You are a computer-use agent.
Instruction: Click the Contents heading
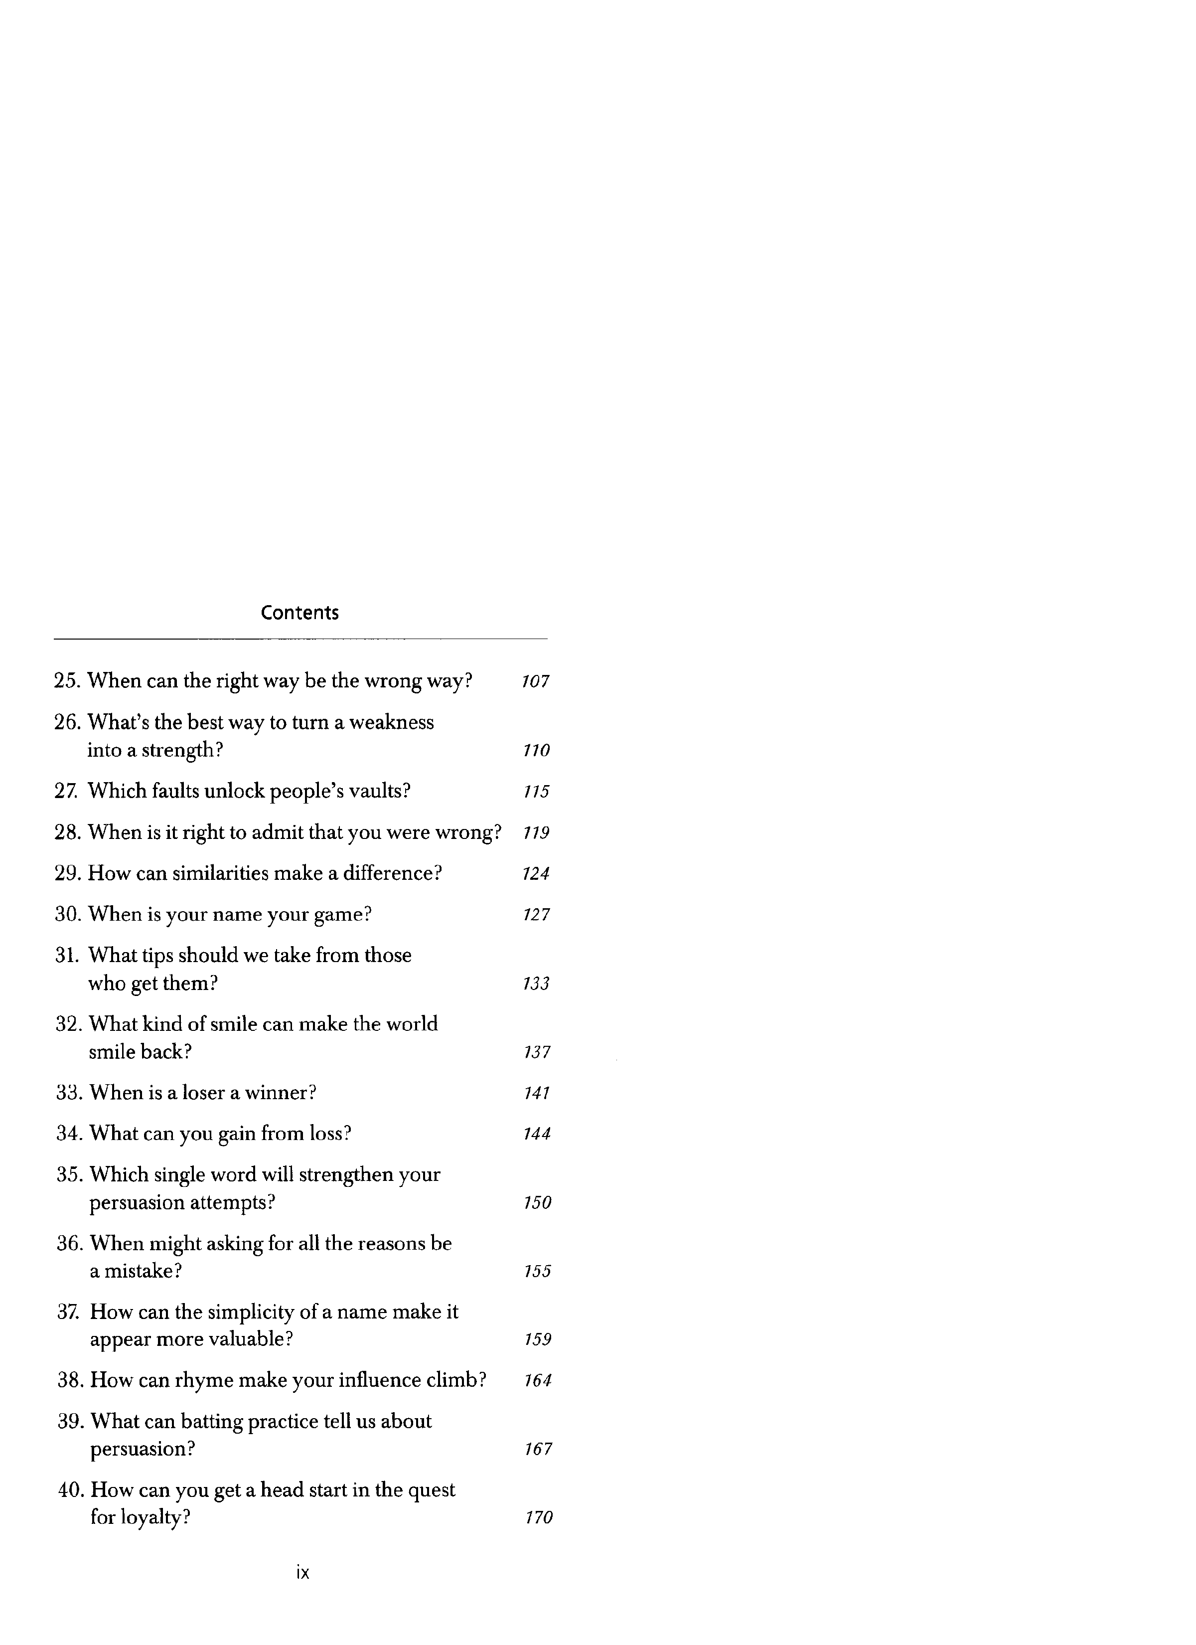point(299,613)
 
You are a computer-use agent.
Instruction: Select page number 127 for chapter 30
point(536,915)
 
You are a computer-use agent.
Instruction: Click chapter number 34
point(70,1133)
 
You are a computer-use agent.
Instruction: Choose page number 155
point(537,1272)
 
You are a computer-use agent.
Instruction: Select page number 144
point(537,1134)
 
